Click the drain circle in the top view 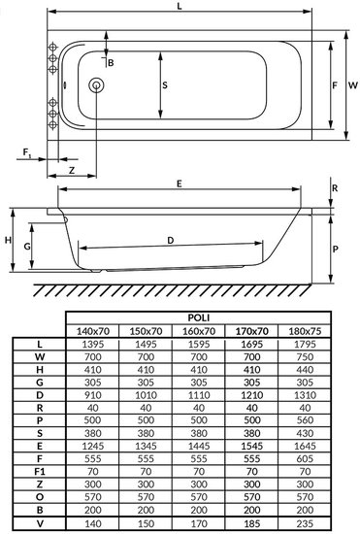pyautogui.click(x=96, y=85)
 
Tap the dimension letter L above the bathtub pyautogui.click(x=180, y=6)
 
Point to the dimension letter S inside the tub pyautogui.click(x=165, y=85)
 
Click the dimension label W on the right pyautogui.click(x=353, y=85)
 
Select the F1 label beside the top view pyautogui.click(x=27, y=152)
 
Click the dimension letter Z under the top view pyautogui.click(x=72, y=170)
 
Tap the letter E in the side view pyautogui.click(x=180, y=184)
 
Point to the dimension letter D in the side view pyautogui.click(x=171, y=241)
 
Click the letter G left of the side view pyautogui.click(x=27, y=247)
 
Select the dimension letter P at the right pyautogui.click(x=335, y=249)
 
